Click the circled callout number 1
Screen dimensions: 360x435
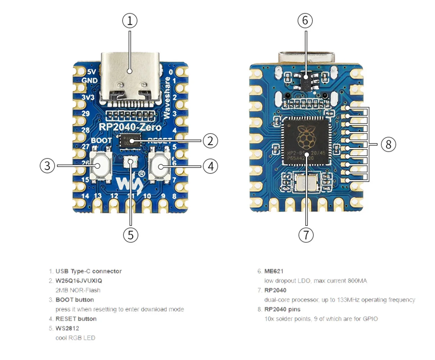click(x=130, y=21)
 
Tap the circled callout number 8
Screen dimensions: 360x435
click(x=388, y=144)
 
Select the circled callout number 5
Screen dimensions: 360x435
click(x=130, y=235)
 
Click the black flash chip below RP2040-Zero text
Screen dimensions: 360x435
click(x=130, y=140)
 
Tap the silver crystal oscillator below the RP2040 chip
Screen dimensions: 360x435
click(x=305, y=182)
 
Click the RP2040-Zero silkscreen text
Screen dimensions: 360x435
click(x=130, y=127)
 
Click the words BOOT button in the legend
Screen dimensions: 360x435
click(x=74, y=300)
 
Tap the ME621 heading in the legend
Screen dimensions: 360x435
click(x=274, y=271)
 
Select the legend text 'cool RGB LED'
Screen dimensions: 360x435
click(x=75, y=338)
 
